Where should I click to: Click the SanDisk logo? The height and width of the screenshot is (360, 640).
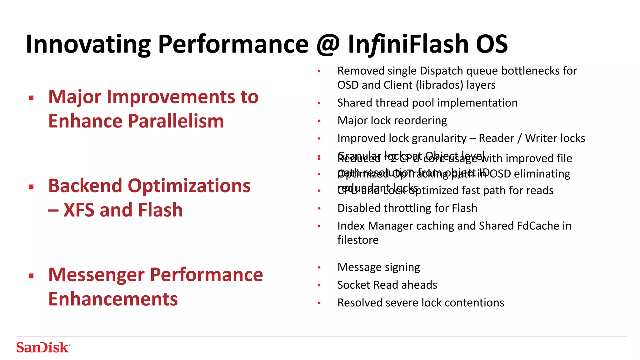[x=43, y=347]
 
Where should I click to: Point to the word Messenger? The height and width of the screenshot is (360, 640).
[x=97, y=275]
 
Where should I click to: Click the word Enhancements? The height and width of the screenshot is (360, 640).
[x=113, y=299]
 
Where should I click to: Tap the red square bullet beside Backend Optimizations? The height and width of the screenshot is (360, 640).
[x=31, y=187]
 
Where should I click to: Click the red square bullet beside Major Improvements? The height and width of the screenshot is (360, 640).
[x=31, y=98]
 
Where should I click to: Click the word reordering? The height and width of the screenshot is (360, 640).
[x=422, y=121]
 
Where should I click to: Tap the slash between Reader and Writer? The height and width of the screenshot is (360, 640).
[x=519, y=138]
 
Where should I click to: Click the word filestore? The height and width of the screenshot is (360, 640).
[x=358, y=240]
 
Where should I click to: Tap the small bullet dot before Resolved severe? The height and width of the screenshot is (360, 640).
[x=319, y=303]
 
